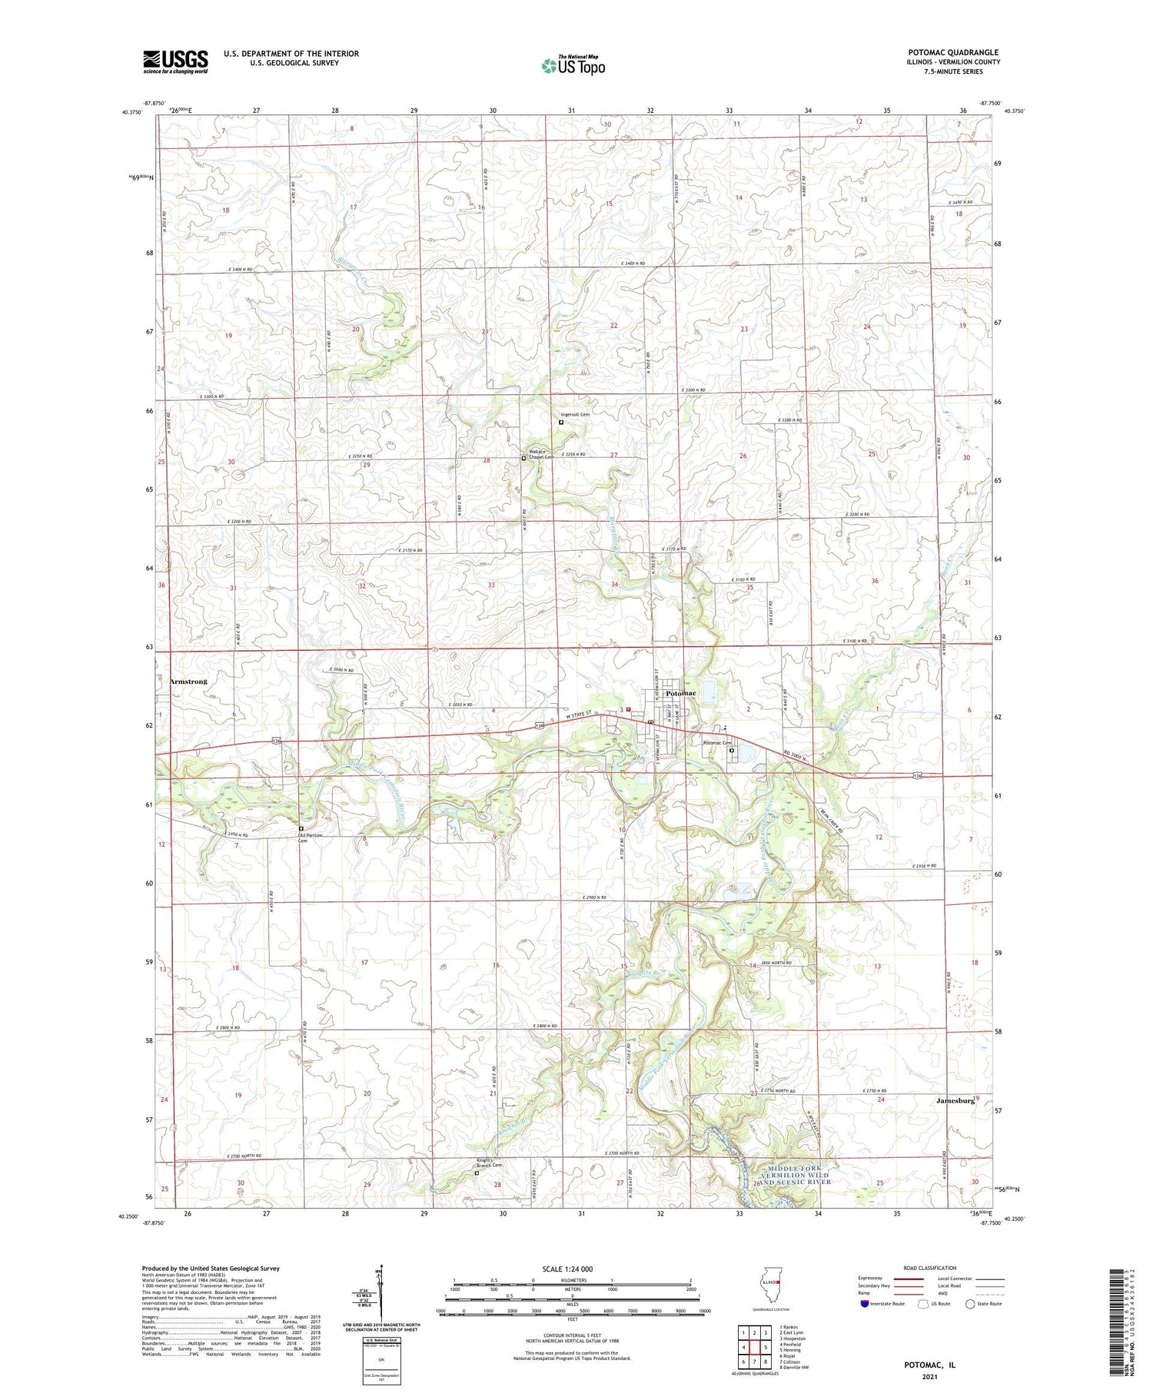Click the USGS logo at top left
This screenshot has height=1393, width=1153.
click(x=175, y=61)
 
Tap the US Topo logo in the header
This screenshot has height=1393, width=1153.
click(x=573, y=65)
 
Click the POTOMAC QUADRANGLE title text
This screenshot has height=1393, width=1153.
click(x=953, y=52)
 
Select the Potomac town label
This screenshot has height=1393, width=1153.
click(x=681, y=693)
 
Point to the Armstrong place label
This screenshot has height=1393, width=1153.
click(x=188, y=682)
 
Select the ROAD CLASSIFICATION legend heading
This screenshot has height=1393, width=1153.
click(x=930, y=1268)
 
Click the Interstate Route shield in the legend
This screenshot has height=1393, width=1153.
click(x=864, y=1304)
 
